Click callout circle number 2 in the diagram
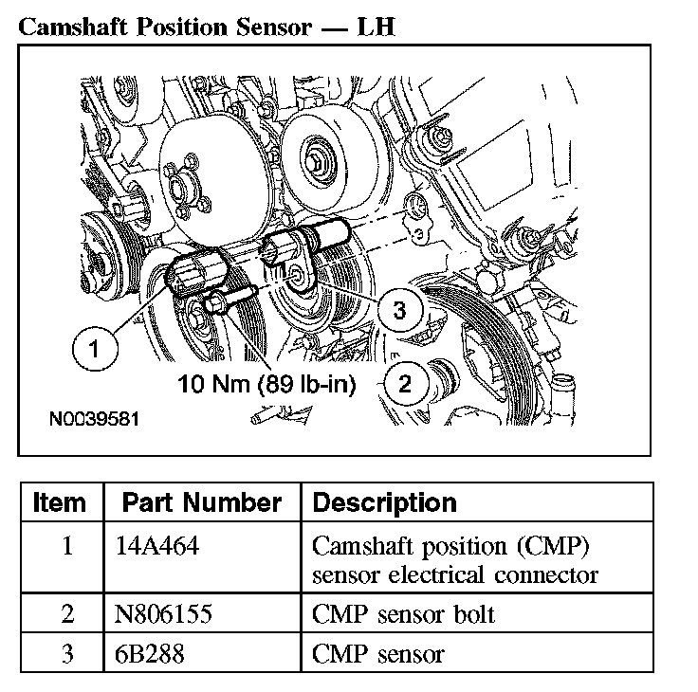coord(405,384)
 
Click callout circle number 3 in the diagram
coord(399,310)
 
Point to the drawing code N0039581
coord(95,418)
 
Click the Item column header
coord(60,502)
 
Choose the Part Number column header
coord(202,502)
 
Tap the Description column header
coord(384,502)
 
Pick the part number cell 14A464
coord(153,548)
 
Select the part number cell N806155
coord(159,614)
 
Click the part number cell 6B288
coord(145,653)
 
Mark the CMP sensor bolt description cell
coord(403,614)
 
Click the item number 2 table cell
coord(66,614)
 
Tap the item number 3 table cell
coord(66,653)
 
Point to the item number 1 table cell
coord(66,548)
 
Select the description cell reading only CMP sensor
coord(377,653)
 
